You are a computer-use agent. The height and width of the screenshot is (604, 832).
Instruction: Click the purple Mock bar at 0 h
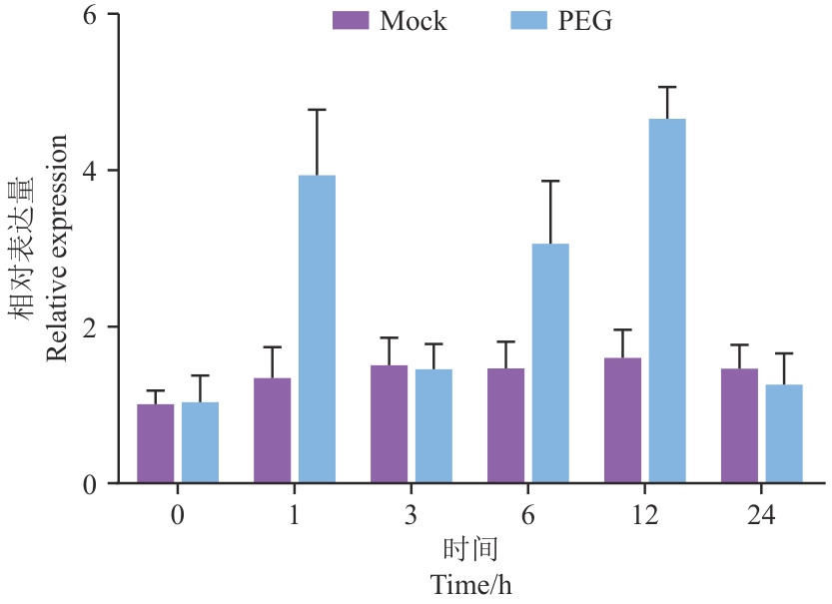pos(156,443)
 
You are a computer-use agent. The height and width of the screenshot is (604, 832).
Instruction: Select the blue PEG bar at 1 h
pos(317,329)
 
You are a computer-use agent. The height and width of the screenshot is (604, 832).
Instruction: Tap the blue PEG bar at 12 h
pos(667,301)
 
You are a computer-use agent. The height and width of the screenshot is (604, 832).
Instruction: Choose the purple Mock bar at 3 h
pos(390,424)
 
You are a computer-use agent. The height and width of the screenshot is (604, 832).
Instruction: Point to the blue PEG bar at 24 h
pos(784,434)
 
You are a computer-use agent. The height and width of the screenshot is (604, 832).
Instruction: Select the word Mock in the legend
pos(414,21)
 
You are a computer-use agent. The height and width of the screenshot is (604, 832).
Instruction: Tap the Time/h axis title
pos(471,583)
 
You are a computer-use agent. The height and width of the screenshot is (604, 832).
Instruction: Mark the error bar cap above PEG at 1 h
pos(317,110)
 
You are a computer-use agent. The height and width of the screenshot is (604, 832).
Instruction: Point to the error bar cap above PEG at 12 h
pos(667,87)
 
